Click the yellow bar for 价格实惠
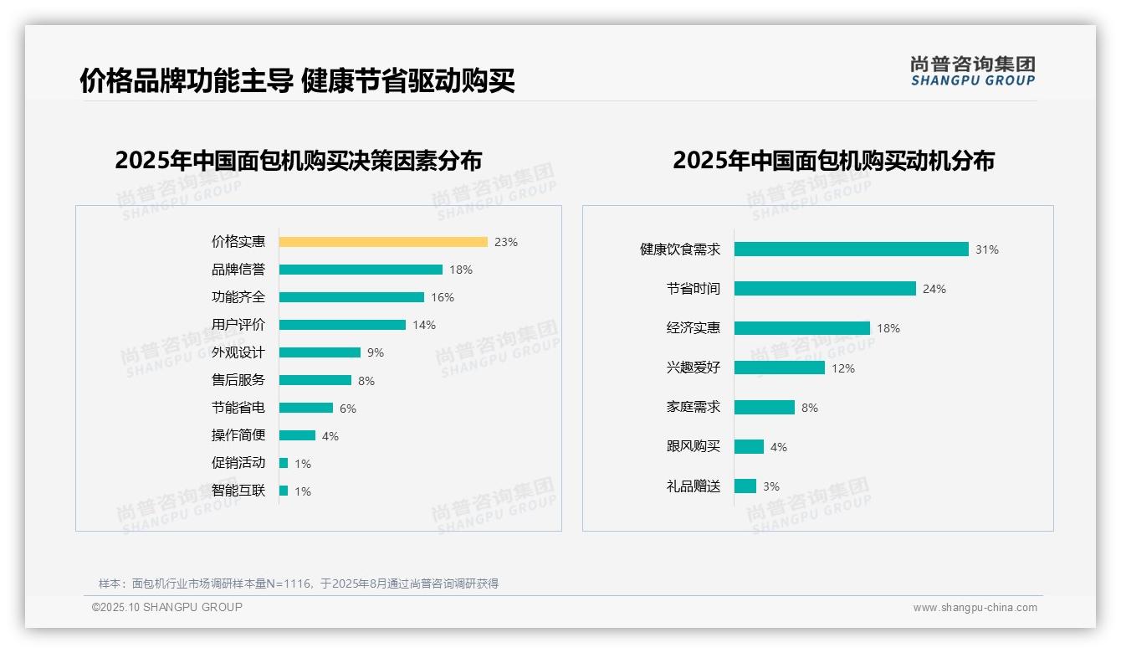pyautogui.click(x=383, y=242)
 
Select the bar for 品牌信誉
pyautogui.click(x=361, y=270)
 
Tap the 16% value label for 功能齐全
pyautogui.click(x=443, y=297)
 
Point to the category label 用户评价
pyautogui.click(x=238, y=325)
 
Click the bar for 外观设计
pyautogui.click(x=320, y=352)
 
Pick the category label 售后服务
pyautogui.click(x=238, y=380)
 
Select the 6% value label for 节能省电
pyautogui.click(x=348, y=409)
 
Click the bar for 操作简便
pyautogui.click(x=297, y=435)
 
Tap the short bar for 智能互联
pyautogui.click(x=284, y=491)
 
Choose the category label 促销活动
pyautogui.click(x=238, y=463)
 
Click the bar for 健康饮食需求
pyautogui.click(x=851, y=249)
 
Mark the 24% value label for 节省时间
pyautogui.click(x=934, y=289)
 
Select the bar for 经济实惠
pyautogui.click(x=802, y=328)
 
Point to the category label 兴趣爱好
pyautogui.click(x=693, y=368)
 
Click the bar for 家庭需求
pyautogui.click(x=765, y=407)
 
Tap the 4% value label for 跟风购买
pyautogui.click(x=779, y=447)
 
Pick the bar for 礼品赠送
pyautogui.click(x=745, y=486)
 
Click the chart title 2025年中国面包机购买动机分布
pyautogui.click(x=833, y=161)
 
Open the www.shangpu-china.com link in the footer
pyautogui.click(x=975, y=608)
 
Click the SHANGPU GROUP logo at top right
pyautogui.click(x=973, y=71)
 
